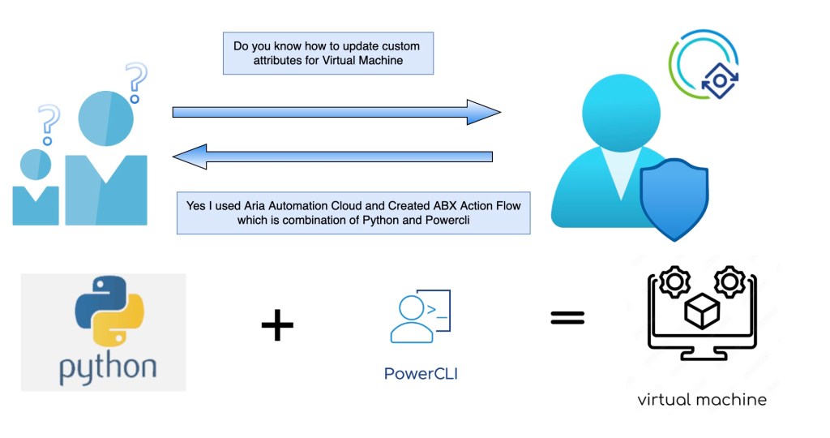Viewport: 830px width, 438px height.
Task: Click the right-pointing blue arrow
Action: [336, 112]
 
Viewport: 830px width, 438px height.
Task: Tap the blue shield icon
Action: [674, 200]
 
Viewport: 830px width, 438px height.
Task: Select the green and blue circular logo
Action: [704, 64]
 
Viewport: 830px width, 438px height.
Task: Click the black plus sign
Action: [277, 326]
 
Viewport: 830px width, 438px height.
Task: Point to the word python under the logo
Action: [107, 366]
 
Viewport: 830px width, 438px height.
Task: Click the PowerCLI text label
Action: [421, 375]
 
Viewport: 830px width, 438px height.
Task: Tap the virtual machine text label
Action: [701, 399]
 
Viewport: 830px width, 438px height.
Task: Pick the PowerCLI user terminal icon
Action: [419, 319]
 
